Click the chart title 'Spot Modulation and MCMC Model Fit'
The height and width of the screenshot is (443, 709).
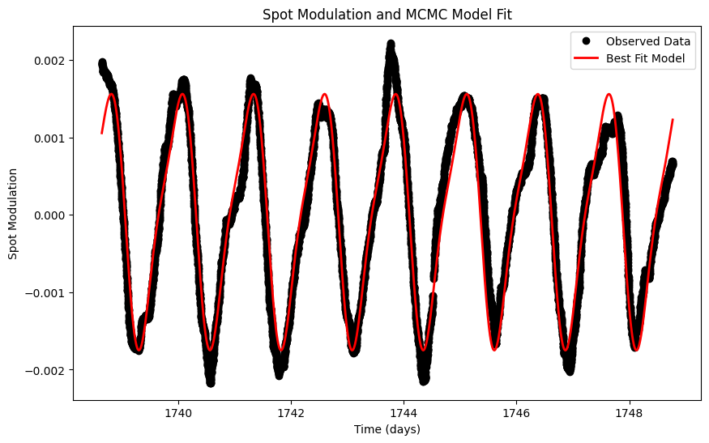pos(387,14)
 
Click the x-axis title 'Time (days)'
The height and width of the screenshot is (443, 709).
pos(387,429)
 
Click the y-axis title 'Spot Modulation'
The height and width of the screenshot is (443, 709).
pos(13,214)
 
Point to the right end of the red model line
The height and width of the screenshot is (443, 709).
pos(673,120)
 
